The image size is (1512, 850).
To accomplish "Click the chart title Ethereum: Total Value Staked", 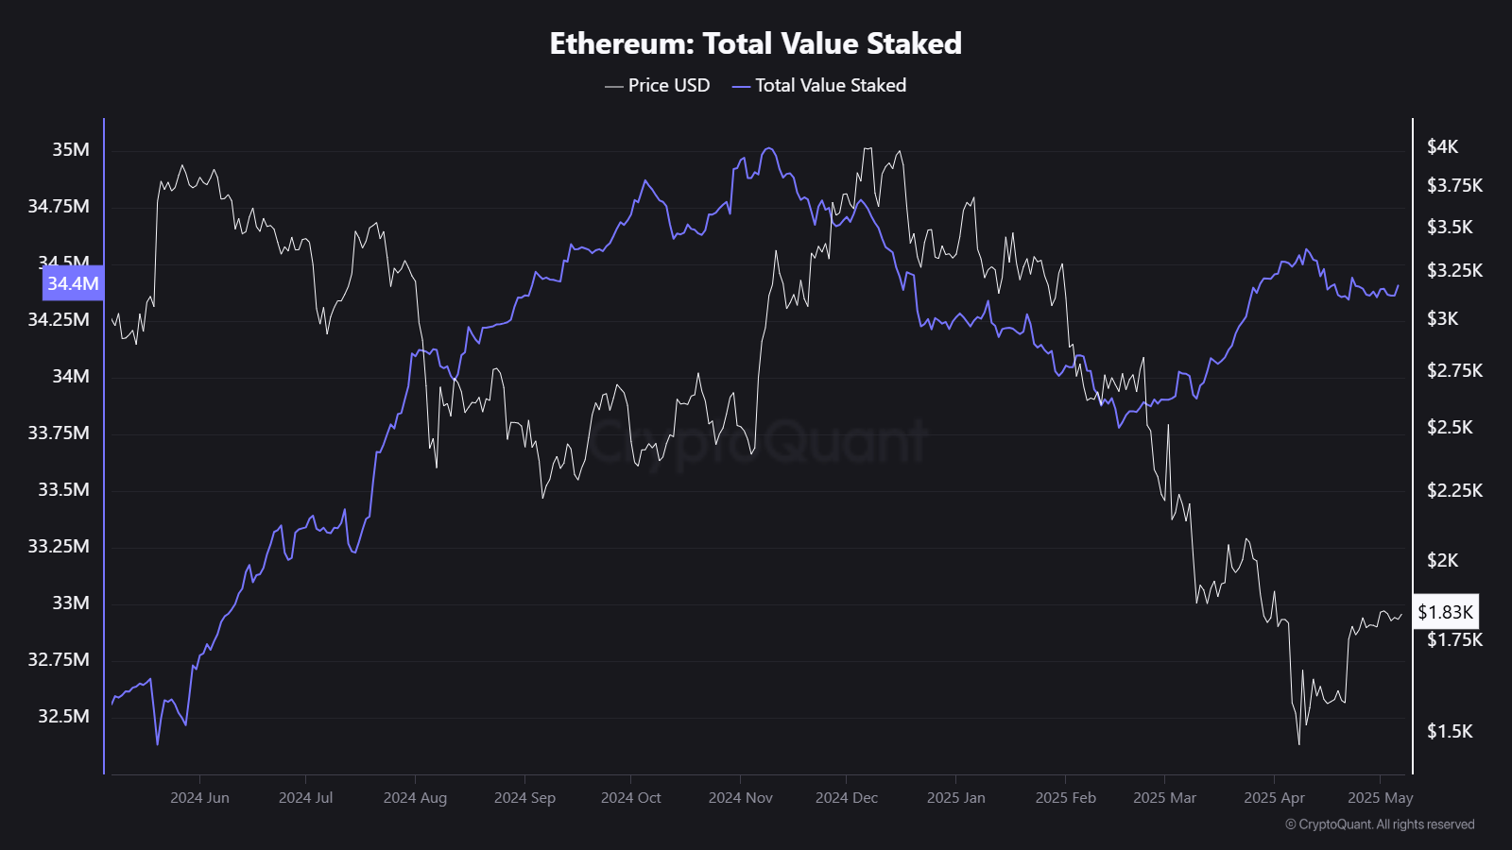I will [755, 43].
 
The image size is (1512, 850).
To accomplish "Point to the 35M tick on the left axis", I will [71, 149].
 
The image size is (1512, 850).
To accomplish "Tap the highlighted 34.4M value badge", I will [73, 283].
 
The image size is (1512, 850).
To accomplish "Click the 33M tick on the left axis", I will [71, 603].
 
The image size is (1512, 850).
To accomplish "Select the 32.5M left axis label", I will [64, 716].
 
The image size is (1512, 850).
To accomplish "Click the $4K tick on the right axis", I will [1443, 146].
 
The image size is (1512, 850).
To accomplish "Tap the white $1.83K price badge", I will [1445, 612].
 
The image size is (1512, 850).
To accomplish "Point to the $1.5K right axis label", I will [1450, 731].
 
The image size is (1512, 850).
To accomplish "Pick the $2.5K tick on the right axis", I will [1450, 427].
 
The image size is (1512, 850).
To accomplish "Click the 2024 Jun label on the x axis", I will [199, 797].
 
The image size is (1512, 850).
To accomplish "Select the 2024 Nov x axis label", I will [740, 797].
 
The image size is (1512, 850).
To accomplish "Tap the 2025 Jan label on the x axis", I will [955, 797].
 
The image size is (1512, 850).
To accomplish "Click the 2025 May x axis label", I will [1380, 797].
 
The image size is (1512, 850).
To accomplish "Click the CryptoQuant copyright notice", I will [1380, 824].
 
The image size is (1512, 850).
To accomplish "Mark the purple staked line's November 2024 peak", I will [769, 148].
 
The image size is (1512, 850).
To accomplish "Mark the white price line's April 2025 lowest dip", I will [1298, 743].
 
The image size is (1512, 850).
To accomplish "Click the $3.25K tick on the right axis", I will [1454, 270].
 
